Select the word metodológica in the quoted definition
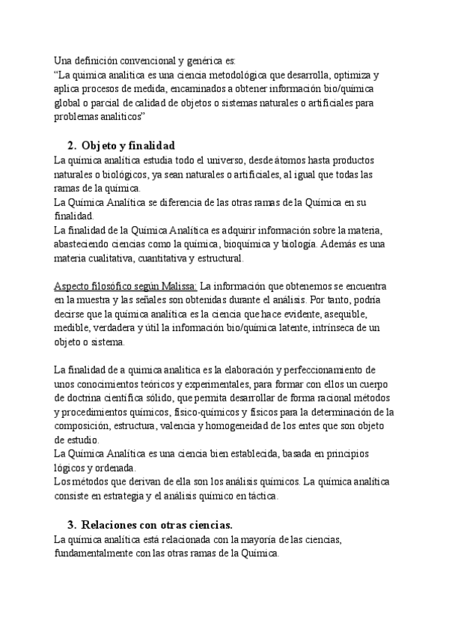click(246, 76)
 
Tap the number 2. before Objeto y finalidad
click(72, 145)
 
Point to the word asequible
click(334, 315)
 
